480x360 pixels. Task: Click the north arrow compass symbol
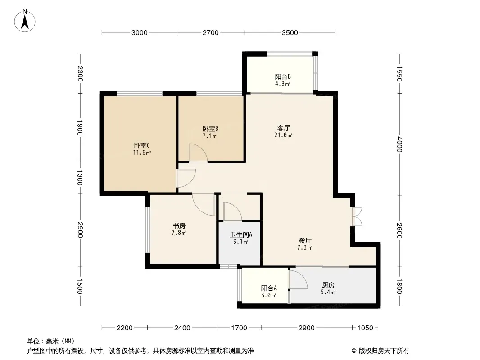click(25, 21)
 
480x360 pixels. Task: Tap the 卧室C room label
click(142, 145)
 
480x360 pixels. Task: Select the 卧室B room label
click(210, 129)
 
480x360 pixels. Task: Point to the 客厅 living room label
click(284, 127)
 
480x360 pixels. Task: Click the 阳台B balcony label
click(282, 76)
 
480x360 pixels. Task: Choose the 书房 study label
click(179, 226)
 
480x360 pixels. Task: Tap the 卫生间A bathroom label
click(241, 234)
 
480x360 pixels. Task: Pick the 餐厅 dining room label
click(305, 240)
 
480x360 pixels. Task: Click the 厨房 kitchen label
click(328, 285)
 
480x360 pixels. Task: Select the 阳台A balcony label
click(269, 288)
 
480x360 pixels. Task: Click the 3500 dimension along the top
click(290, 33)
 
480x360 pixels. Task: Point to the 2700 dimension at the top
click(211, 33)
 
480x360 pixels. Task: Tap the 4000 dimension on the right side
click(399, 144)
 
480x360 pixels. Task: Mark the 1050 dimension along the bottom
click(365, 328)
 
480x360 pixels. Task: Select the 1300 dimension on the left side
click(80, 178)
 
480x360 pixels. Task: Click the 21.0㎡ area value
click(283, 135)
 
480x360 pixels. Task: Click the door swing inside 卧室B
click(198, 152)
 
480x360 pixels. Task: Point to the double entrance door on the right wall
click(357, 216)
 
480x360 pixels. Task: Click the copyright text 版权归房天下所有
click(383, 351)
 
